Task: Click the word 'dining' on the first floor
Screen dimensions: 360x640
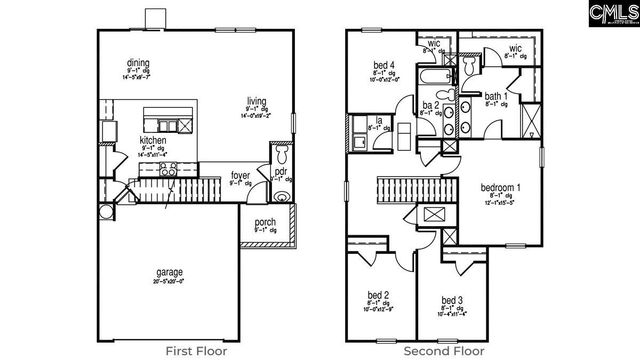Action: pos(152,61)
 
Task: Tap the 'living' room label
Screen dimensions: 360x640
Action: pos(256,99)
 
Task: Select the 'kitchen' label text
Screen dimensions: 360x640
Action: pos(153,141)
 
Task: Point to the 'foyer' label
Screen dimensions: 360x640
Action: pos(240,174)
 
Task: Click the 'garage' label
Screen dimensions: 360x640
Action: pos(169,271)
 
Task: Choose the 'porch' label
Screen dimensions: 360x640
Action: pos(265,222)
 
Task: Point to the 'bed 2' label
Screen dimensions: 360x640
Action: pos(378,297)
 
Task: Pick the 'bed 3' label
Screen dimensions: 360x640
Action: pos(452,300)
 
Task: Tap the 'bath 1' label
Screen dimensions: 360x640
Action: pos(496,95)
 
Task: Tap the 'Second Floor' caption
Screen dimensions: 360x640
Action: pos(442,350)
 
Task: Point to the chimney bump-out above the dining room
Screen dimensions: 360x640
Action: pos(156,19)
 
